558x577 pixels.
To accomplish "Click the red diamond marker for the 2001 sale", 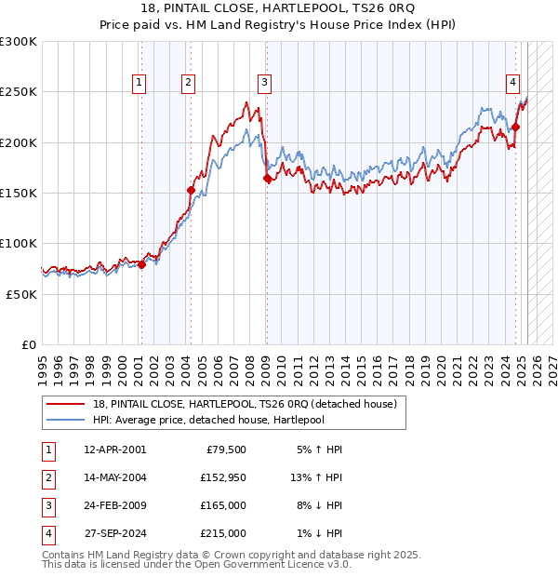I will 141,264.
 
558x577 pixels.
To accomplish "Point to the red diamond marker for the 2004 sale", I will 191,190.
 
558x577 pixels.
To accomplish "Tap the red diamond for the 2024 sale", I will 516,127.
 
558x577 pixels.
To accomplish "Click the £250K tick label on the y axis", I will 18,92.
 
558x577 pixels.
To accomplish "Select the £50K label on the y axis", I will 21,293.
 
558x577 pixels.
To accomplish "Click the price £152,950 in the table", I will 223,478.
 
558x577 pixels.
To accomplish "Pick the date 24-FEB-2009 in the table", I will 114,505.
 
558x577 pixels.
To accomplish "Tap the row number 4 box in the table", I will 46,533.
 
